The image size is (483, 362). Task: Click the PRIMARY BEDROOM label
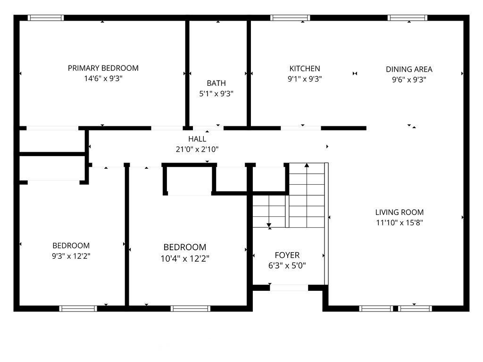pos(103,68)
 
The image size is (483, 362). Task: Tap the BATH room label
pos(216,83)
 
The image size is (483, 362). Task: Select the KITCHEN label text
pos(305,68)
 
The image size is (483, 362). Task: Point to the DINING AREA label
pos(409,69)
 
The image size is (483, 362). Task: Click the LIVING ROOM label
pos(399,212)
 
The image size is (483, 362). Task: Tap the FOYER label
pos(287,255)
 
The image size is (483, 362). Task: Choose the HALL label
pos(197,139)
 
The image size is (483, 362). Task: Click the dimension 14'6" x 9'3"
pos(103,79)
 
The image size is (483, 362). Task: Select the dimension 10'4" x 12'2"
pos(185,259)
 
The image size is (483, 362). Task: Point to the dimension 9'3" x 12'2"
pos(71,256)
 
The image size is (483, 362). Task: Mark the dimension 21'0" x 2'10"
pos(197,149)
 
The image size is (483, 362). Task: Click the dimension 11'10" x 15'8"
pos(399,222)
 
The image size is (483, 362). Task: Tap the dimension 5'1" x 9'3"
pos(216,94)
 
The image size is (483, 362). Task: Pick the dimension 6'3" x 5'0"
pos(287,265)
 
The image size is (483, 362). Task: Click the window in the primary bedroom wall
pos(46,17)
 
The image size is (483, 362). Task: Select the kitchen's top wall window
pos(290,17)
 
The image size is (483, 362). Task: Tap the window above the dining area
pos(407,17)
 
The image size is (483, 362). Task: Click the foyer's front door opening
pos(289,288)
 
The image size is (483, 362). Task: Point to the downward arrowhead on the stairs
pos(269,225)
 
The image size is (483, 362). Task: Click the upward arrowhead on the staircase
pos(307,165)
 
